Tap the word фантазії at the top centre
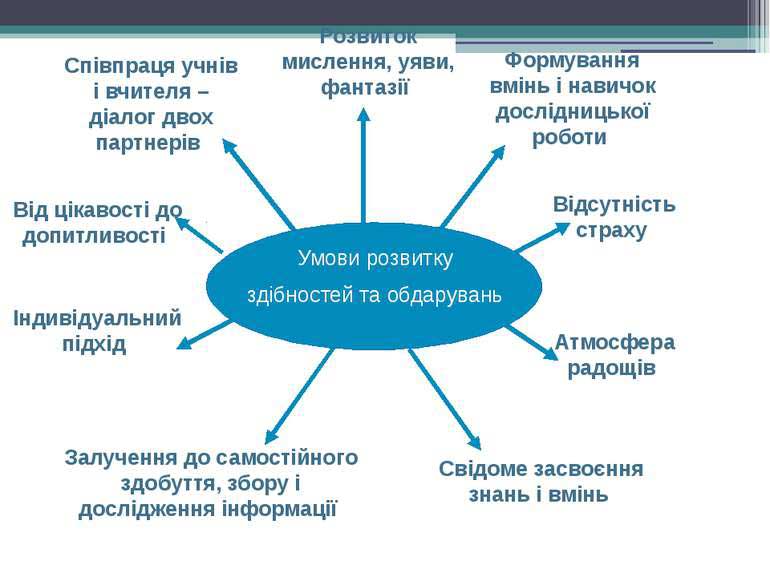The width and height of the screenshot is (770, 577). [x=365, y=88]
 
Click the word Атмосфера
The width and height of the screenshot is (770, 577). [x=615, y=343]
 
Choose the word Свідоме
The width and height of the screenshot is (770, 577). [x=476, y=468]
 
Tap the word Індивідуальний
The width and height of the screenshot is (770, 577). [x=97, y=318]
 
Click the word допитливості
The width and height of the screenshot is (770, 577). [x=94, y=236]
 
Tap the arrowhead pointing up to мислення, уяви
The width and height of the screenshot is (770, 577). [x=363, y=114]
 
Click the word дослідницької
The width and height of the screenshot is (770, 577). [x=573, y=112]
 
